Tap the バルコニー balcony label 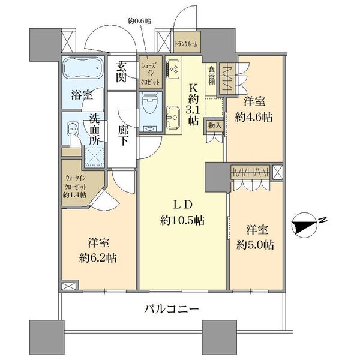tap(172, 310)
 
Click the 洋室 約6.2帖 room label tap(96, 251)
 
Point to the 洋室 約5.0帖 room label tap(256, 236)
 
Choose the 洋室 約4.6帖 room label tap(254, 110)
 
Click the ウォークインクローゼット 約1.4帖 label tap(76, 186)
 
